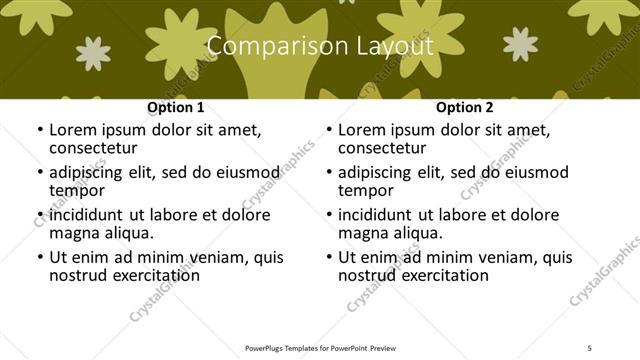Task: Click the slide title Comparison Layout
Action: pos(319,46)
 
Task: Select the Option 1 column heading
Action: pos(176,107)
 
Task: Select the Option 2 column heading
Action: pos(465,107)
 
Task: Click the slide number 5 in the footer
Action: pos(591,348)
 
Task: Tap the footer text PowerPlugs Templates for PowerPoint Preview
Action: pos(319,348)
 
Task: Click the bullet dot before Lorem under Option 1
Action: pos(39,130)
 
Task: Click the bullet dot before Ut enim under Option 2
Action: pos(328,257)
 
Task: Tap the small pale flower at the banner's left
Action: pos(94,53)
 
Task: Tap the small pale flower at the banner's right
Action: pos(521,43)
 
